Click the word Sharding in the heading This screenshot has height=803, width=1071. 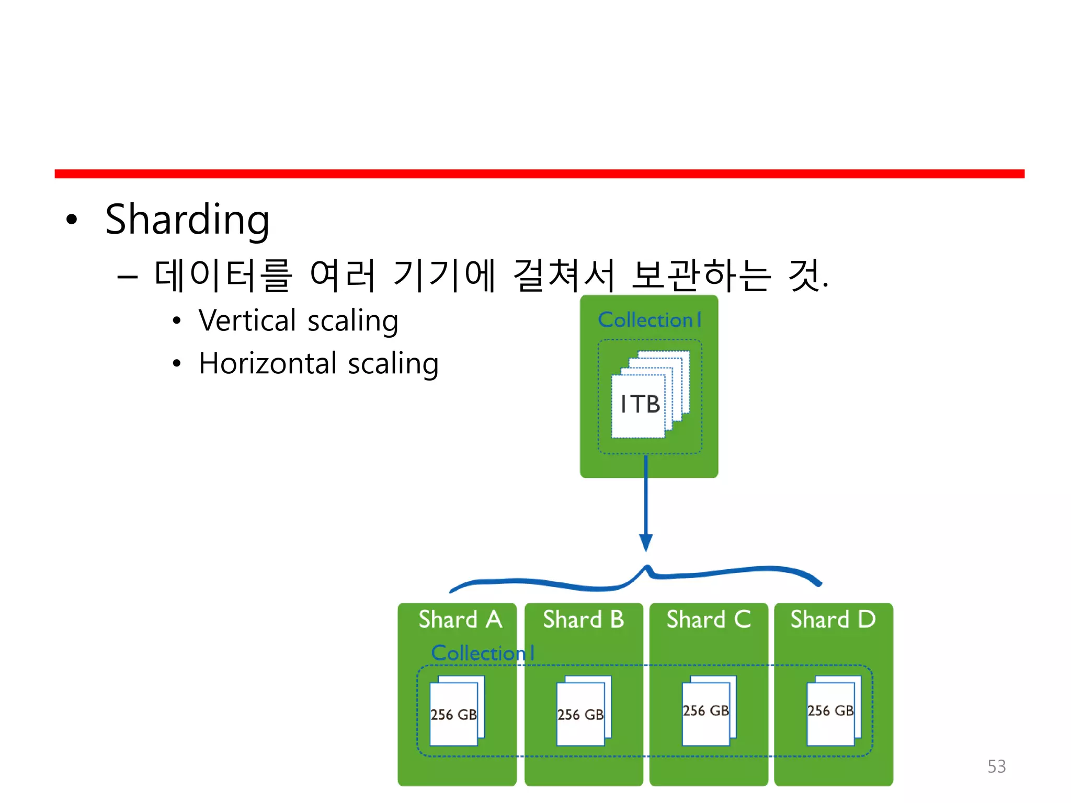tap(187, 220)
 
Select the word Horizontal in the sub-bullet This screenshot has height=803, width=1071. tap(268, 363)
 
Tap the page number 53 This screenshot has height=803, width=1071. tap(996, 766)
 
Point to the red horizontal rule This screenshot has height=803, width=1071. tap(539, 174)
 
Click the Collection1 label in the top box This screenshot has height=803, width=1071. tap(649, 320)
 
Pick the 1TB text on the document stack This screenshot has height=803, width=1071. tap(640, 404)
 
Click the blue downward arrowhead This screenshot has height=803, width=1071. tap(646, 543)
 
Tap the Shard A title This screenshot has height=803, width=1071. tap(460, 620)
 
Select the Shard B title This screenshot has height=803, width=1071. tap(584, 620)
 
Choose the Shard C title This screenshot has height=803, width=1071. tap(709, 620)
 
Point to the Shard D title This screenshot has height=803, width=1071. tap(833, 620)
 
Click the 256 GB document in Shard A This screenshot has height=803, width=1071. tap(454, 714)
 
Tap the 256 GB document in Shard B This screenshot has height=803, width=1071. tap(580, 714)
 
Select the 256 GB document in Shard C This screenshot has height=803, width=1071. tap(706, 710)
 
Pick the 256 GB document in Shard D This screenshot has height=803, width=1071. tap(830, 710)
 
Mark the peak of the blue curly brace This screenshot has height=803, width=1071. tap(647, 567)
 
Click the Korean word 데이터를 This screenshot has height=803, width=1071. tap(223, 276)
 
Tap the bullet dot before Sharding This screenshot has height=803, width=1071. tap(72, 220)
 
